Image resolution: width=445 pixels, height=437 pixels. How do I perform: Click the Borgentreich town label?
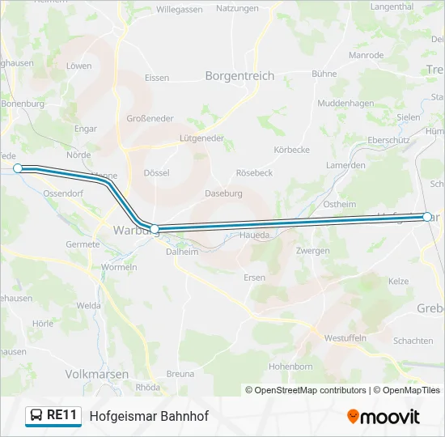(x=240, y=76)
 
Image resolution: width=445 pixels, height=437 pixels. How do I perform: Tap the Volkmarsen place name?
(x=96, y=374)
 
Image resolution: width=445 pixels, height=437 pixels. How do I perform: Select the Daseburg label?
(x=223, y=193)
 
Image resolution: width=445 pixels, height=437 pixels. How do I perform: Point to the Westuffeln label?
(x=345, y=337)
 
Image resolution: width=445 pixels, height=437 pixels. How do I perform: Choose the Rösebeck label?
(x=254, y=173)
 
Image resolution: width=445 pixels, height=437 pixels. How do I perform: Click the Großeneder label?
(x=150, y=118)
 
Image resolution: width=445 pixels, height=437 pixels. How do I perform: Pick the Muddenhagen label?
(x=345, y=104)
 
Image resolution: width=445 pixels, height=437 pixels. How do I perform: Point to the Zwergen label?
(x=312, y=251)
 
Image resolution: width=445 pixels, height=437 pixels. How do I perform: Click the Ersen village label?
(x=254, y=278)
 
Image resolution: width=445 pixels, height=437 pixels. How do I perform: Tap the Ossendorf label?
(x=64, y=194)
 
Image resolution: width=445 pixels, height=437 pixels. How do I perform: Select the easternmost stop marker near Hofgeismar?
(x=426, y=217)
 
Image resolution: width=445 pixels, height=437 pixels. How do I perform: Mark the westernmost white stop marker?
(x=18, y=168)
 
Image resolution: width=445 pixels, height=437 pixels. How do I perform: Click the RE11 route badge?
(x=53, y=416)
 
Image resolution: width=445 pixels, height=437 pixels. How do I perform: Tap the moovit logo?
(x=384, y=417)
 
